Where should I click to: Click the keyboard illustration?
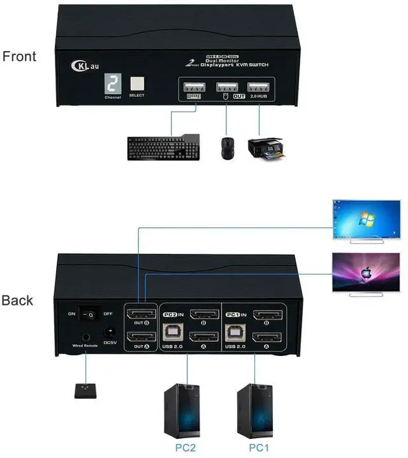pyautogui.click(x=163, y=148)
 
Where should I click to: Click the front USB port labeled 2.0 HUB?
pyautogui.click(x=258, y=87)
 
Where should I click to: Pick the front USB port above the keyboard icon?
pyautogui.click(x=192, y=87)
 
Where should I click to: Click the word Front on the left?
pyautogui.click(x=19, y=56)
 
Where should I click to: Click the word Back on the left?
pyautogui.click(x=18, y=300)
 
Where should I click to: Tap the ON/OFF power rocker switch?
pyautogui.click(x=91, y=314)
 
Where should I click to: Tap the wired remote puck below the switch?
pyautogui.click(x=85, y=390)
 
